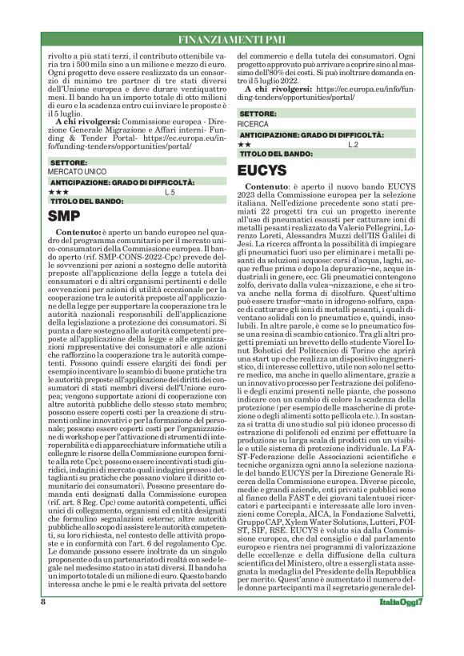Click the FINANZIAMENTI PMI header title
[x=231, y=37]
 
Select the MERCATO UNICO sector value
[x=74, y=172]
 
